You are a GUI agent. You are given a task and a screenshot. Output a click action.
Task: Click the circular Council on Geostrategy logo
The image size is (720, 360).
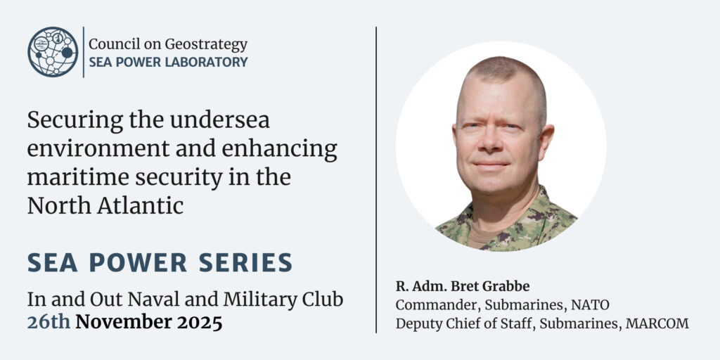53,52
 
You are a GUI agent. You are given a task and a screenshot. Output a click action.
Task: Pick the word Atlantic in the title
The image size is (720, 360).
140,206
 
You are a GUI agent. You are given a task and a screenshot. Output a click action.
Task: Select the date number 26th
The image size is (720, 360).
49,322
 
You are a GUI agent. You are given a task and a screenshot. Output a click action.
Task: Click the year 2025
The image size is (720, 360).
200,322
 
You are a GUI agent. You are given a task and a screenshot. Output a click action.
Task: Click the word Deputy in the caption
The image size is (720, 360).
413,324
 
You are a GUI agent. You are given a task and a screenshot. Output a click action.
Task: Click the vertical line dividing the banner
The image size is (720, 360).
376,179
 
